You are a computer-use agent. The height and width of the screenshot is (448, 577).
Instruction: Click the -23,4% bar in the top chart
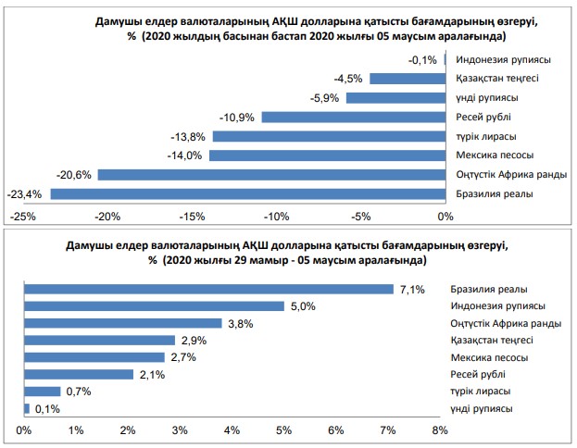247,193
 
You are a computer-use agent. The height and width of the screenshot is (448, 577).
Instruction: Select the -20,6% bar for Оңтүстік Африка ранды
271,174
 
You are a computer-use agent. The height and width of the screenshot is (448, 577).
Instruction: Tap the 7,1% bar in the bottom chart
208,289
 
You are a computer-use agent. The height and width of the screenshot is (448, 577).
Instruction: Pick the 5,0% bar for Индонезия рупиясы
154,305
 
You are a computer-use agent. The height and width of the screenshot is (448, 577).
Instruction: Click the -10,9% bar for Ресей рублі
353,117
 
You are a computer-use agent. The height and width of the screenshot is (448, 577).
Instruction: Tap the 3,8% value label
239,323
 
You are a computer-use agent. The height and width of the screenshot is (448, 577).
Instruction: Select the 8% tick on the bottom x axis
439,429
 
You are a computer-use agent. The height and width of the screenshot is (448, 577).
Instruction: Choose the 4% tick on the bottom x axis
232,429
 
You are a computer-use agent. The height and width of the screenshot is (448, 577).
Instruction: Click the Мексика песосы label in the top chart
495,156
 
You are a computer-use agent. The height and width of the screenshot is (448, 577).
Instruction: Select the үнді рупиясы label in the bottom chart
482,408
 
